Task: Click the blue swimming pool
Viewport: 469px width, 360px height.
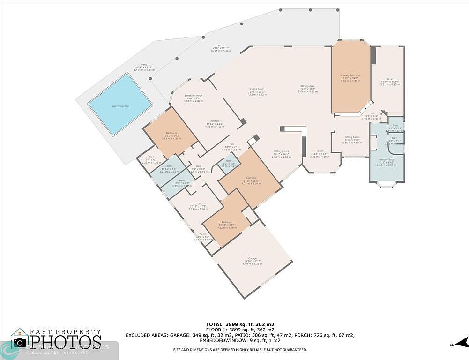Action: pyautogui.click(x=120, y=104)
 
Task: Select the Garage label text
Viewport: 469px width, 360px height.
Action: pyautogui.click(x=253, y=258)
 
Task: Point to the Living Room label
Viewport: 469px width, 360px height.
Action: pyautogui.click(x=257, y=89)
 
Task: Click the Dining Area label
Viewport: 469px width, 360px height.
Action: pyautogui.click(x=307, y=86)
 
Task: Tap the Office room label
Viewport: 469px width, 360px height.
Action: pyautogui.click(x=198, y=203)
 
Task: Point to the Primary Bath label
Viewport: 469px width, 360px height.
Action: pyautogui.click(x=387, y=160)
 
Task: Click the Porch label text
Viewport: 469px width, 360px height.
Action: pyautogui.click(x=221, y=45)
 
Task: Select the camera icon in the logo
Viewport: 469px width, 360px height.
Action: pyautogui.click(x=20, y=342)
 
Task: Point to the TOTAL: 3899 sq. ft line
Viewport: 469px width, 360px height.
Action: pyautogui.click(x=240, y=324)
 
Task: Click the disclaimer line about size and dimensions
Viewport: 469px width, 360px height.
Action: pyautogui.click(x=240, y=350)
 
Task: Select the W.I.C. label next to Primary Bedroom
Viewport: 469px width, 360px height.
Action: pyautogui.click(x=389, y=79)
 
